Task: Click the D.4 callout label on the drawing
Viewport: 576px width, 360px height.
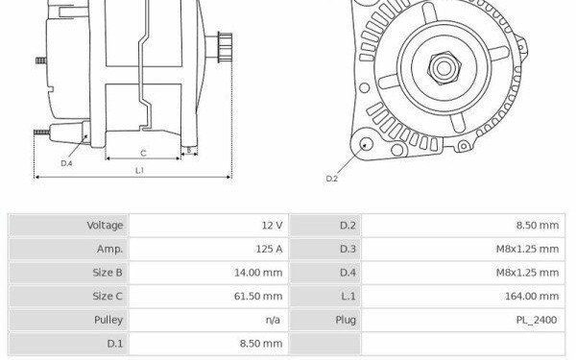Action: [66, 163]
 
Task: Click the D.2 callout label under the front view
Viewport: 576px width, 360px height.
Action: [332, 179]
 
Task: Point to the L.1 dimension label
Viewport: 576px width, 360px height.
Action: [139, 171]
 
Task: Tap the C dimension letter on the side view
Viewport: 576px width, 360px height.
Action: [143, 154]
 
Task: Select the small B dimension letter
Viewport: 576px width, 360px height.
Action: [189, 150]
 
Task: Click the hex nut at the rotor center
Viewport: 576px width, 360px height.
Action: [444, 68]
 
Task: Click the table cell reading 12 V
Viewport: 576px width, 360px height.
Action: [273, 226]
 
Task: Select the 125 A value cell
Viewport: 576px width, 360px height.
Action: [269, 249]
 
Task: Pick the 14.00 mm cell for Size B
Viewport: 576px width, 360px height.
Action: [258, 273]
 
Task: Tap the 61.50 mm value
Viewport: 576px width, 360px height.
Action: [258, 296]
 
